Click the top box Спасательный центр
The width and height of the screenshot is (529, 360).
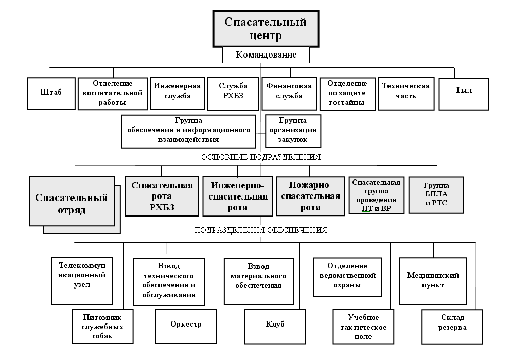coord(266,29)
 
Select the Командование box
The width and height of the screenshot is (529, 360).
coord(266,55)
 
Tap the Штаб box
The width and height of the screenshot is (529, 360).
coord(50,93)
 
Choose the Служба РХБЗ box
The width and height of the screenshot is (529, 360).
coord(233,93)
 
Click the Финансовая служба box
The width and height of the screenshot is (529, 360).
coord(288,93)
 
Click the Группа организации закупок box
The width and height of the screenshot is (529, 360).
coord(293,131)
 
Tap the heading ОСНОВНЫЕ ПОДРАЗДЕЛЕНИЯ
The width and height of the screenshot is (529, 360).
coord(260,157)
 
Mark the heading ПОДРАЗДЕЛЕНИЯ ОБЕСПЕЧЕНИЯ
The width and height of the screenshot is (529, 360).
coord(260,230)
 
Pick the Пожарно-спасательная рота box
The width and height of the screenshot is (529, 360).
coord(310,196)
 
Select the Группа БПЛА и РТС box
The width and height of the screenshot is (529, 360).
coord(436,195)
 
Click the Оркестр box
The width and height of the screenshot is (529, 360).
coord(186,325)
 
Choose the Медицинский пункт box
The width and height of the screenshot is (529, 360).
coord(433,280)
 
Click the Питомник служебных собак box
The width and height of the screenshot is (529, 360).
coord(97,327)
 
